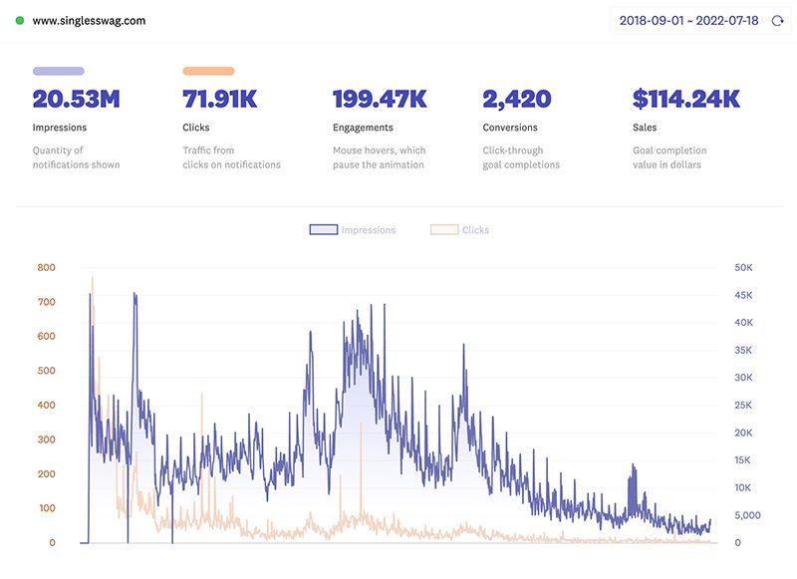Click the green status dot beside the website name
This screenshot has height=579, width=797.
coord(20,20)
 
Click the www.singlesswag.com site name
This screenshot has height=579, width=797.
coord(89,20)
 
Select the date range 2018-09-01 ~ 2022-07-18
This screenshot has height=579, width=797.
coord(689,20)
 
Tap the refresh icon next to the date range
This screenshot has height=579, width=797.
coord(778,20)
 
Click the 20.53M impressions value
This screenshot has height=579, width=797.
coord(76,99)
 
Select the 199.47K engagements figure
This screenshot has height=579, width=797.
coord(380,99)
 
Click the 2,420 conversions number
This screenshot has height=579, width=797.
coord(516,99)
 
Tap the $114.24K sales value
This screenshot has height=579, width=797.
coord(685,99)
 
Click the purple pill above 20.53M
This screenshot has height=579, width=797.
coord(59,71)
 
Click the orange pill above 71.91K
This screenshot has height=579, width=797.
coord(208,71)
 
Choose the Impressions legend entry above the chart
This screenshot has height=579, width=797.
coord(354,230)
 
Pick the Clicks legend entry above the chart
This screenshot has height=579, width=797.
coord(461,230)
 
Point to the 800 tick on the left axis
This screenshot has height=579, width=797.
coord(46,267)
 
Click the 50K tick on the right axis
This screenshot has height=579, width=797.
coord(743,267)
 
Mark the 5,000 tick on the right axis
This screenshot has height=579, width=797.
coord(746,515)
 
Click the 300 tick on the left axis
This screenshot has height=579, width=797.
coord(46,439)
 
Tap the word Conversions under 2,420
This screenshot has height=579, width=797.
coord(510,128)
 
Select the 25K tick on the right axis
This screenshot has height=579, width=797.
coord(743,406)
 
